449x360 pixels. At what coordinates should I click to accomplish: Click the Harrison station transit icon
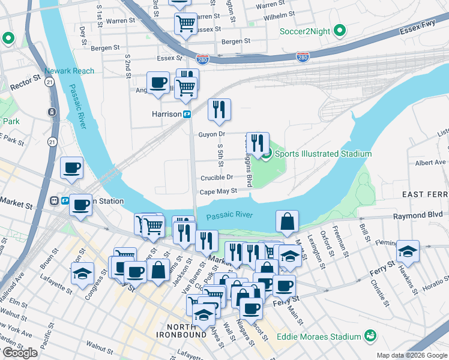(187, 114)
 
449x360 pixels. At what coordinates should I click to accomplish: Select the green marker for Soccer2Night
(339, 29)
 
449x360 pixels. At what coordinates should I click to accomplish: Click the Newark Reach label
(73, 71)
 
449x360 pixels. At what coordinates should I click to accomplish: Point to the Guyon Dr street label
(211, 134)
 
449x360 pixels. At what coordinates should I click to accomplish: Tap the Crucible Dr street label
(217, 177)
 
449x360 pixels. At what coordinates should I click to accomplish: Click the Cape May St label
(218, 191)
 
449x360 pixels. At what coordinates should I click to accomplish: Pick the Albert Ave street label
(430, 163)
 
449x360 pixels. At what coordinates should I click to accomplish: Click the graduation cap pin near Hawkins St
(408, 251)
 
